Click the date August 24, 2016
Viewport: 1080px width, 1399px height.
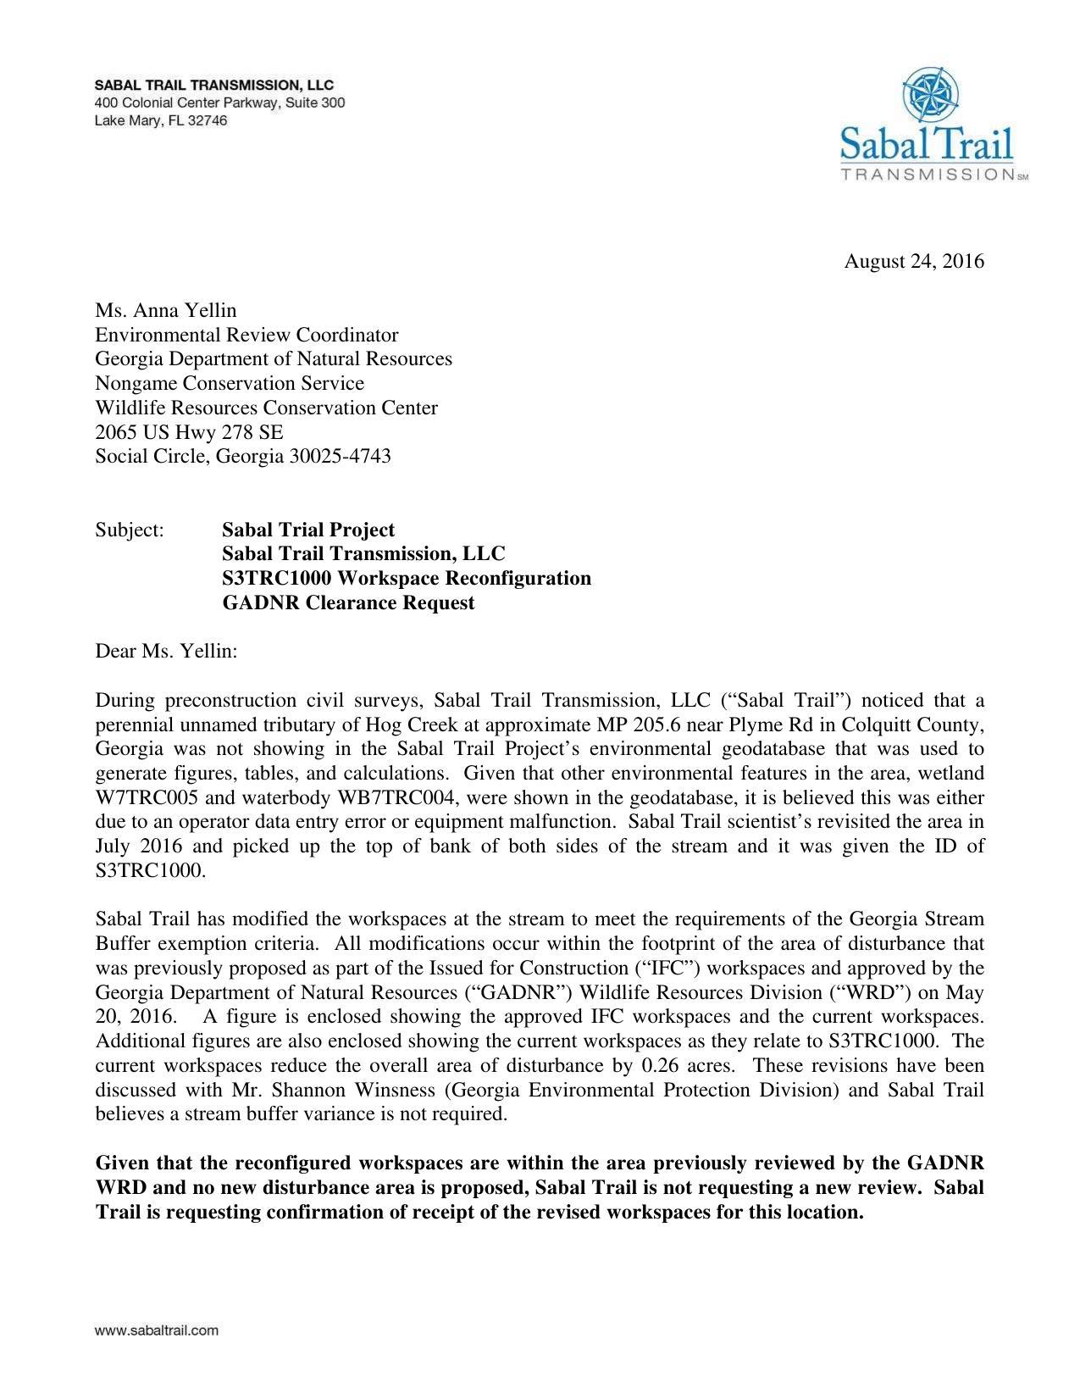(913, 261)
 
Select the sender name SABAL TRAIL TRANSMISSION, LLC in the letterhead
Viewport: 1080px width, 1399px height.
(213, 85)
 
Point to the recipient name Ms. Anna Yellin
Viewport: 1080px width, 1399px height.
(165, 310)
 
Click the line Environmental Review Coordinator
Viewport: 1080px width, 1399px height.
(246, 335)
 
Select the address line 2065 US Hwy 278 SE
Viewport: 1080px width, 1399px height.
(189, 432)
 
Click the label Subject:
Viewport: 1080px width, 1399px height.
(129, 530)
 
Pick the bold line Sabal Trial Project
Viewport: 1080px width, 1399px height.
(308, 530)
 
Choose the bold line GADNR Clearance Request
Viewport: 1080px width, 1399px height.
(348, 603)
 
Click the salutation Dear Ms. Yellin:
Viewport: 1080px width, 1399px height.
(166, 652)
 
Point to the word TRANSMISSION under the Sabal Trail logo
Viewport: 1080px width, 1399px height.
(927, 174)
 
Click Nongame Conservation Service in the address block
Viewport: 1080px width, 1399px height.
(230, 384)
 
